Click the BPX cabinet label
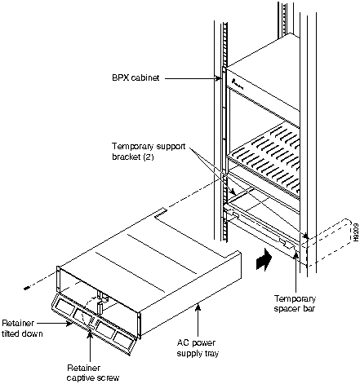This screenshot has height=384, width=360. pos(136,78)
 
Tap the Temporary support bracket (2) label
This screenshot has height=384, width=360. pos(149,152)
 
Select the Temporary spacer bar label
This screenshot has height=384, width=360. pos(295,303)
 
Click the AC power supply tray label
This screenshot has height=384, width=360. pos(198,348)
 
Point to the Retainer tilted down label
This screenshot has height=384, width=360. pos(22,328)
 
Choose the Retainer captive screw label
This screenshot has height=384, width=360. pos(93,373)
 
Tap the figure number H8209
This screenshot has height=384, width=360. pos(356,232)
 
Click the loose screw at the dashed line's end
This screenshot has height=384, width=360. pos(26,289)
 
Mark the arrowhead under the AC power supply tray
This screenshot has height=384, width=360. pos(198,307)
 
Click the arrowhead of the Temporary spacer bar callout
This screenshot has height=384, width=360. pos(296,255)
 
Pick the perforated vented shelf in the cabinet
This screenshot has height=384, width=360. pos(263,161)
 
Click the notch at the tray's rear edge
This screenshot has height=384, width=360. pos(161,213)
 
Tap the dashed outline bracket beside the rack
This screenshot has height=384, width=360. pos(328,242)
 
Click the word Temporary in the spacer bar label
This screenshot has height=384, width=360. pos(295,299)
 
